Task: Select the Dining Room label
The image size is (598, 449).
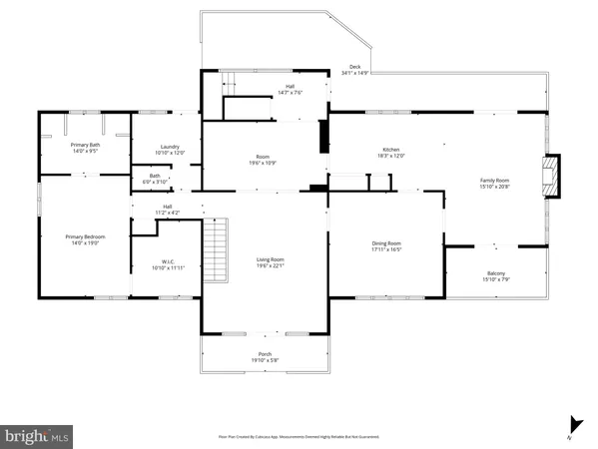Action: (x=386, y=245)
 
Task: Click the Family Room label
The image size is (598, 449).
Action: (x=495, y=183)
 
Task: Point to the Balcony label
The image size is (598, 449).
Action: (x=495, y=276)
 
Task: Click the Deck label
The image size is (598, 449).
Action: (x=354, y=70)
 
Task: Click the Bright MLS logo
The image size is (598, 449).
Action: (x=37, y=436)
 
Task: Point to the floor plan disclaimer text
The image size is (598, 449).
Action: (x=299, y=436)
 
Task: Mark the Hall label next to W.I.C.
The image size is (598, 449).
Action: (x=167, y=211)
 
